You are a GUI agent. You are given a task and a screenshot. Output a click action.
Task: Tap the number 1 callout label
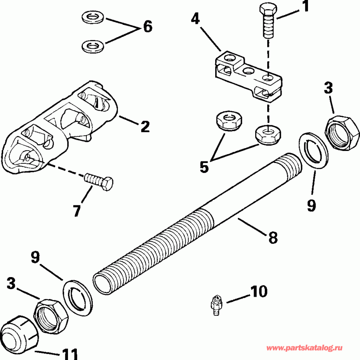pyautogui.click(x=305, y=8)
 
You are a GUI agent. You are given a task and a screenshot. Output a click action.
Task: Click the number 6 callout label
pyautogui.click(x=146, y=27)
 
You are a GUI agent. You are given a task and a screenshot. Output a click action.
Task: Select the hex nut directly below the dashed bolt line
pyautogui.click(x=268, y=134)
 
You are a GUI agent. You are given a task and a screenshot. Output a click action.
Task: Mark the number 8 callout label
pyautogui.click(x=272, y=237)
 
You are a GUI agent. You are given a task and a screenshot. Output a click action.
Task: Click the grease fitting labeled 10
pyautogui.click(x=216, y=306)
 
